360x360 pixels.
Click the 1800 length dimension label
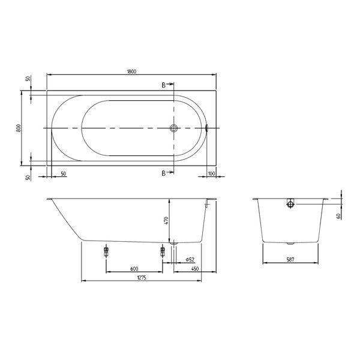coord(131,71)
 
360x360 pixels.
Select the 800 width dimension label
coord(19,128)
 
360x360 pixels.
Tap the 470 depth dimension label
coord(166,221)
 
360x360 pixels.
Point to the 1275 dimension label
coord(142,278)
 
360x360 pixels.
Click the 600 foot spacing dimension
coord(134,269)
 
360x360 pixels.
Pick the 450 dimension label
coord(194,269)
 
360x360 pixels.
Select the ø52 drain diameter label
coord(190,260)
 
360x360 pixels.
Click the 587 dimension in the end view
coord(290,260)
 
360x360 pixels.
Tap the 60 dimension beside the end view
coord(338,216)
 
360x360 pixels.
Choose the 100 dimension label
coord(211,173)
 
